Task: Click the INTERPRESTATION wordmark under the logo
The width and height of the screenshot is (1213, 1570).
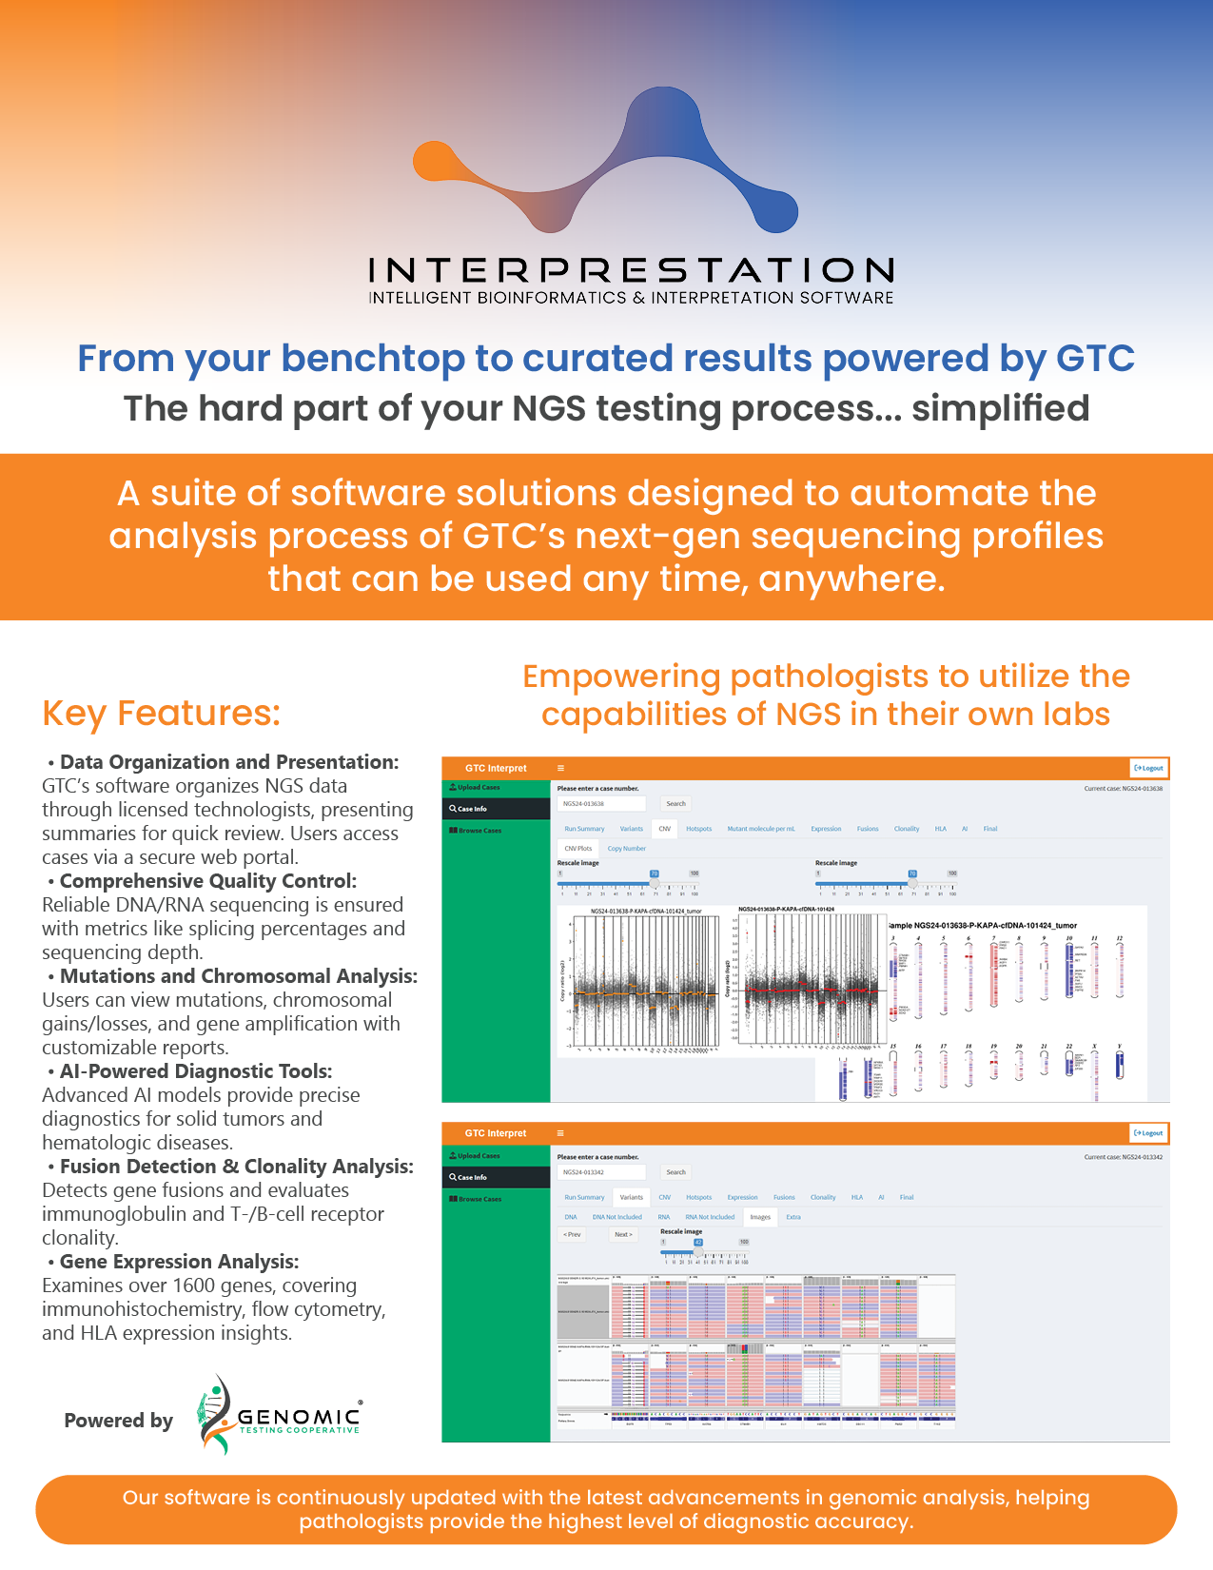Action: point(631,270)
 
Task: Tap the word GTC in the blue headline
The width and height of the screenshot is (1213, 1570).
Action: point(1095,359)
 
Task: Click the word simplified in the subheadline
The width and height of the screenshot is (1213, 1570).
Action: point(1000,408)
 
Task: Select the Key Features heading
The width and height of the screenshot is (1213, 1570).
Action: point(162,713)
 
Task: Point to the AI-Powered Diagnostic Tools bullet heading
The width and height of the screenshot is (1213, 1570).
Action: point(196,1071)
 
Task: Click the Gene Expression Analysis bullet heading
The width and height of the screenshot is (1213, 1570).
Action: point(179,1262)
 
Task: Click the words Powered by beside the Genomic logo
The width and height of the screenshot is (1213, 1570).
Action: point(118,1421)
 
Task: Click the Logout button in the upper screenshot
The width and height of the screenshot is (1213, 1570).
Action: point(1148,768)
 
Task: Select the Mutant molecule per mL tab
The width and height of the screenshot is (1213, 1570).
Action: point(760,829)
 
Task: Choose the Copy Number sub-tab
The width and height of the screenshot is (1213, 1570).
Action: point(626,848)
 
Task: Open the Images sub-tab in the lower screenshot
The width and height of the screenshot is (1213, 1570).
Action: point(760,1217)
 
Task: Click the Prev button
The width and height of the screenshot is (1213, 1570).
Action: point(572,1234)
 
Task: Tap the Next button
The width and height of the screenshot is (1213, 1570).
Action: point(623,1234)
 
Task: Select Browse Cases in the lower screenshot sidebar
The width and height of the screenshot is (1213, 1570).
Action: point(479,1199)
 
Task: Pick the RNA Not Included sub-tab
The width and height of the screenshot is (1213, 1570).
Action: point(710,1217)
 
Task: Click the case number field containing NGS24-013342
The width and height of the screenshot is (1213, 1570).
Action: point(601,1172)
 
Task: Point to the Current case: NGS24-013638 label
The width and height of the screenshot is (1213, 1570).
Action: point(1123,789)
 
